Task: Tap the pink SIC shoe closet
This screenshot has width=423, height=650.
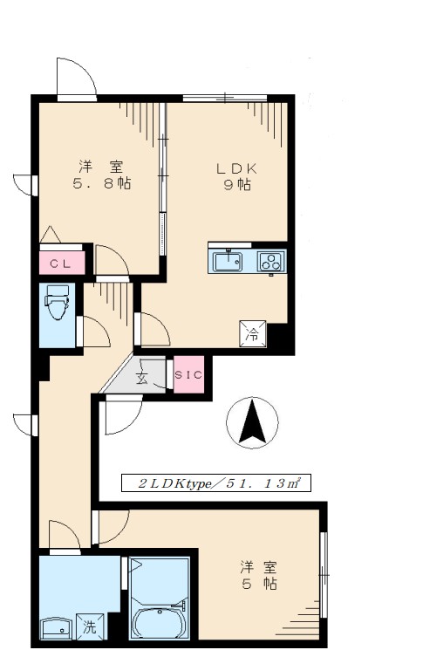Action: coord(188,374)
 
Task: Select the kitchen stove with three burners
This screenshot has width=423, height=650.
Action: coord(271,261)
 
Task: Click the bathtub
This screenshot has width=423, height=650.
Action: coord(160,622)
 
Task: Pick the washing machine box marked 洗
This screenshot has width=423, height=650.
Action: coord(90,626)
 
